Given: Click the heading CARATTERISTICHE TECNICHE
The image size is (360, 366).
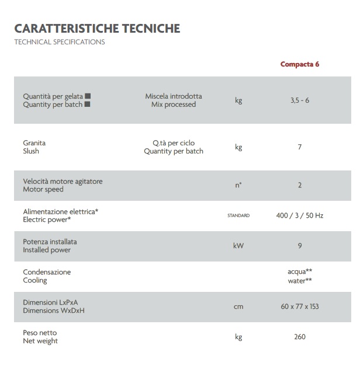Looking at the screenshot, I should coord(97,29).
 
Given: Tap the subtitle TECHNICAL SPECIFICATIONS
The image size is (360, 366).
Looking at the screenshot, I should coord(59,43).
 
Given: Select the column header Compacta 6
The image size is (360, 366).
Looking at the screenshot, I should coord(299,64).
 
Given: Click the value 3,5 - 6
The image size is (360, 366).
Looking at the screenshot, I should coord(299,100).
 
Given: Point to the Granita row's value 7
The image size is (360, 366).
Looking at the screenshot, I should coord(299,147).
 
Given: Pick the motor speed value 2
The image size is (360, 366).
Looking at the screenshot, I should coord(299,185).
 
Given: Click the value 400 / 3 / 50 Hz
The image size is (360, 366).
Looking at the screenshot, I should coord(299,215).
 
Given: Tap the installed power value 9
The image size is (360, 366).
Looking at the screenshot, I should coord(299,246).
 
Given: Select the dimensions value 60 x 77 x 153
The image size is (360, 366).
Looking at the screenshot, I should coord(299,306).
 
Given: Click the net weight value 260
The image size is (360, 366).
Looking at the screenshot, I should coord(299,337).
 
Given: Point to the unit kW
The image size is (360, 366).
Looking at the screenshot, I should coord(238,246).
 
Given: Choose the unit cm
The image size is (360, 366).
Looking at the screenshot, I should coord(238,306).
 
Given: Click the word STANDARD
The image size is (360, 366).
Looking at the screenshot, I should coord(238,215).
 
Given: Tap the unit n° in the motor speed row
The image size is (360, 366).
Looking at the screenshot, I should coord(238,185).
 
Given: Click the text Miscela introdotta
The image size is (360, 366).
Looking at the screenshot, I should coord(173,96).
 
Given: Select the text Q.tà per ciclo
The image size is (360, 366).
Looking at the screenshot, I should coord(174,143).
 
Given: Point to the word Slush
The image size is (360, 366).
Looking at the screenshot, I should coord(31,151).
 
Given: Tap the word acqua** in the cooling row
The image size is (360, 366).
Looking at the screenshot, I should coord(299,272).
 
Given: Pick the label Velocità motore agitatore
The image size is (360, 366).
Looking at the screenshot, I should coord(63,181).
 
